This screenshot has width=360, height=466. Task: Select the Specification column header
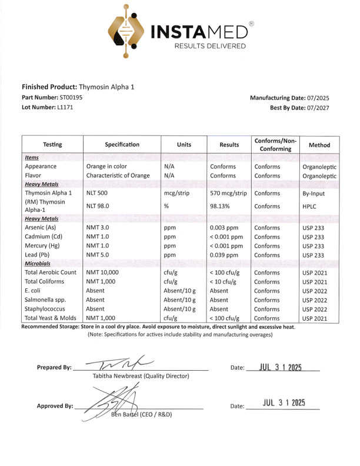coord(122,144)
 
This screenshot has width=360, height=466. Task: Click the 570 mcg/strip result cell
coord(228,192)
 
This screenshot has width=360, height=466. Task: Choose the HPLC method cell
coord(311,207)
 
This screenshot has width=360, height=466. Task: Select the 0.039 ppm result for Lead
coord(224,255)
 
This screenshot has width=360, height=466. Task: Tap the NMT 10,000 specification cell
coord(102,273)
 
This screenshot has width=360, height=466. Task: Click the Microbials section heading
coord(39,264)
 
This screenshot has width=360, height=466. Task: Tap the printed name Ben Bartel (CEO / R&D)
coord(141,414)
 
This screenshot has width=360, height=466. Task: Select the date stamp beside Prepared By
coord(281,367)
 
